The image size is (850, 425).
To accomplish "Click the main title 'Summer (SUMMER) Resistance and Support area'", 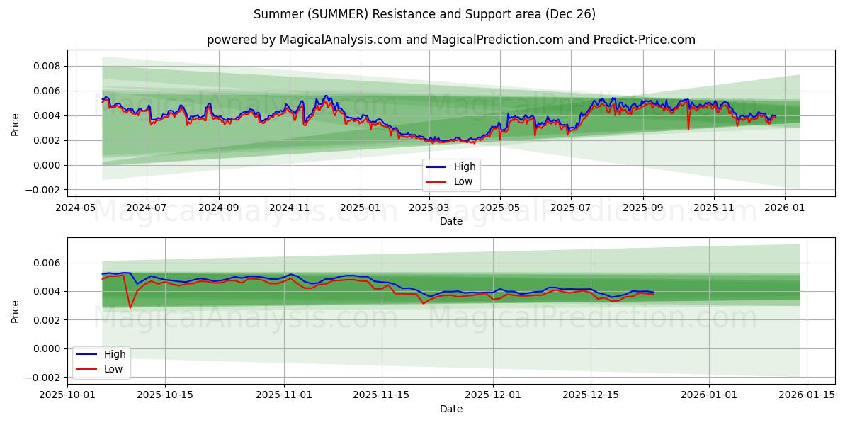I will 425,14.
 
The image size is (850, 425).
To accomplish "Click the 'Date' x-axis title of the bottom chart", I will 450,409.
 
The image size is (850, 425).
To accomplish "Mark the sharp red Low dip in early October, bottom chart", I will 130,308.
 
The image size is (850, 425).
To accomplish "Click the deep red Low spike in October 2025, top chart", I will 688,129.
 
